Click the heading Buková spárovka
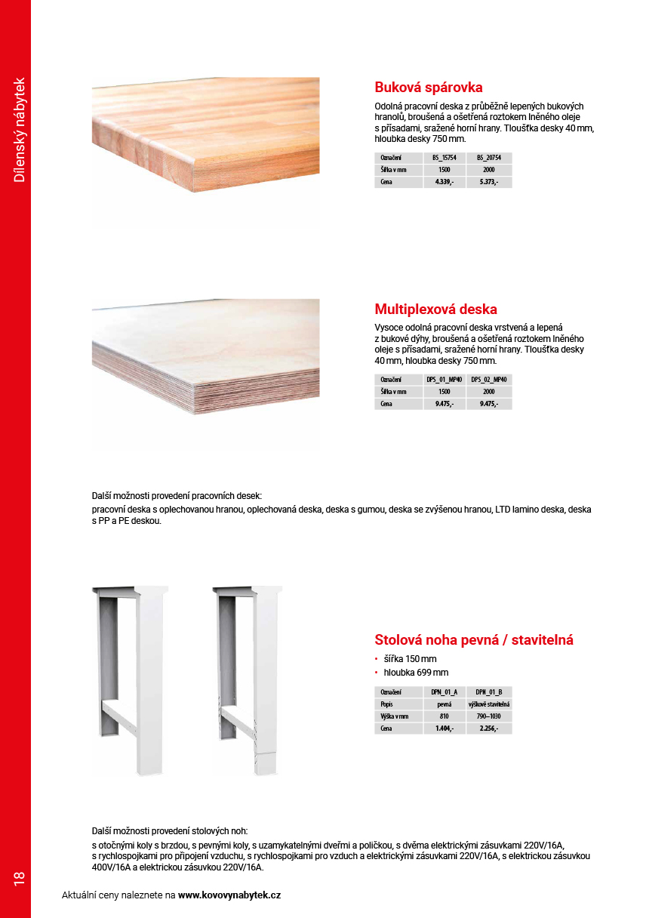click(428, 87)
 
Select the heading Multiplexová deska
click(435, 310)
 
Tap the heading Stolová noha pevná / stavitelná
click(474, 640)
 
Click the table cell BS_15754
click(444, 158)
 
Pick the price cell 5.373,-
click(488, 182)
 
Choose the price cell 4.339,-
click(444, 182)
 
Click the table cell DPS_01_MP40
click(444, 380)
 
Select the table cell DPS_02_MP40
click(488, 380)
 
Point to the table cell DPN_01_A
click(444, 692)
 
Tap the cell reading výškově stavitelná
click(488, 704)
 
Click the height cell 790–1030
click(488, 716)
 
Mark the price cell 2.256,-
click(488, 728)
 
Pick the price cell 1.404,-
click(444, 728)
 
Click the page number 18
click(19, 878)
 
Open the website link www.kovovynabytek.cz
click(229, 895)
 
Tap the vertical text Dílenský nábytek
click(20, 129)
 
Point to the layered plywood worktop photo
click(205, 362)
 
